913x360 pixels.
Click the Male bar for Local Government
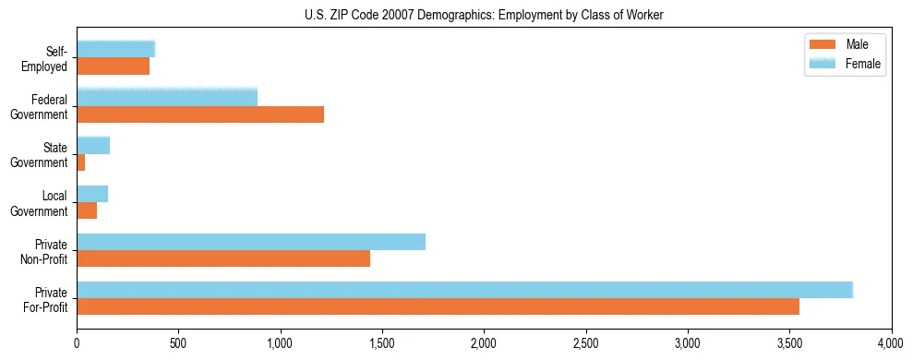tap(87, 210)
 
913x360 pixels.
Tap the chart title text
tap(484, 15)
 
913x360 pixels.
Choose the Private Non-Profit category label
tap(44, 251)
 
